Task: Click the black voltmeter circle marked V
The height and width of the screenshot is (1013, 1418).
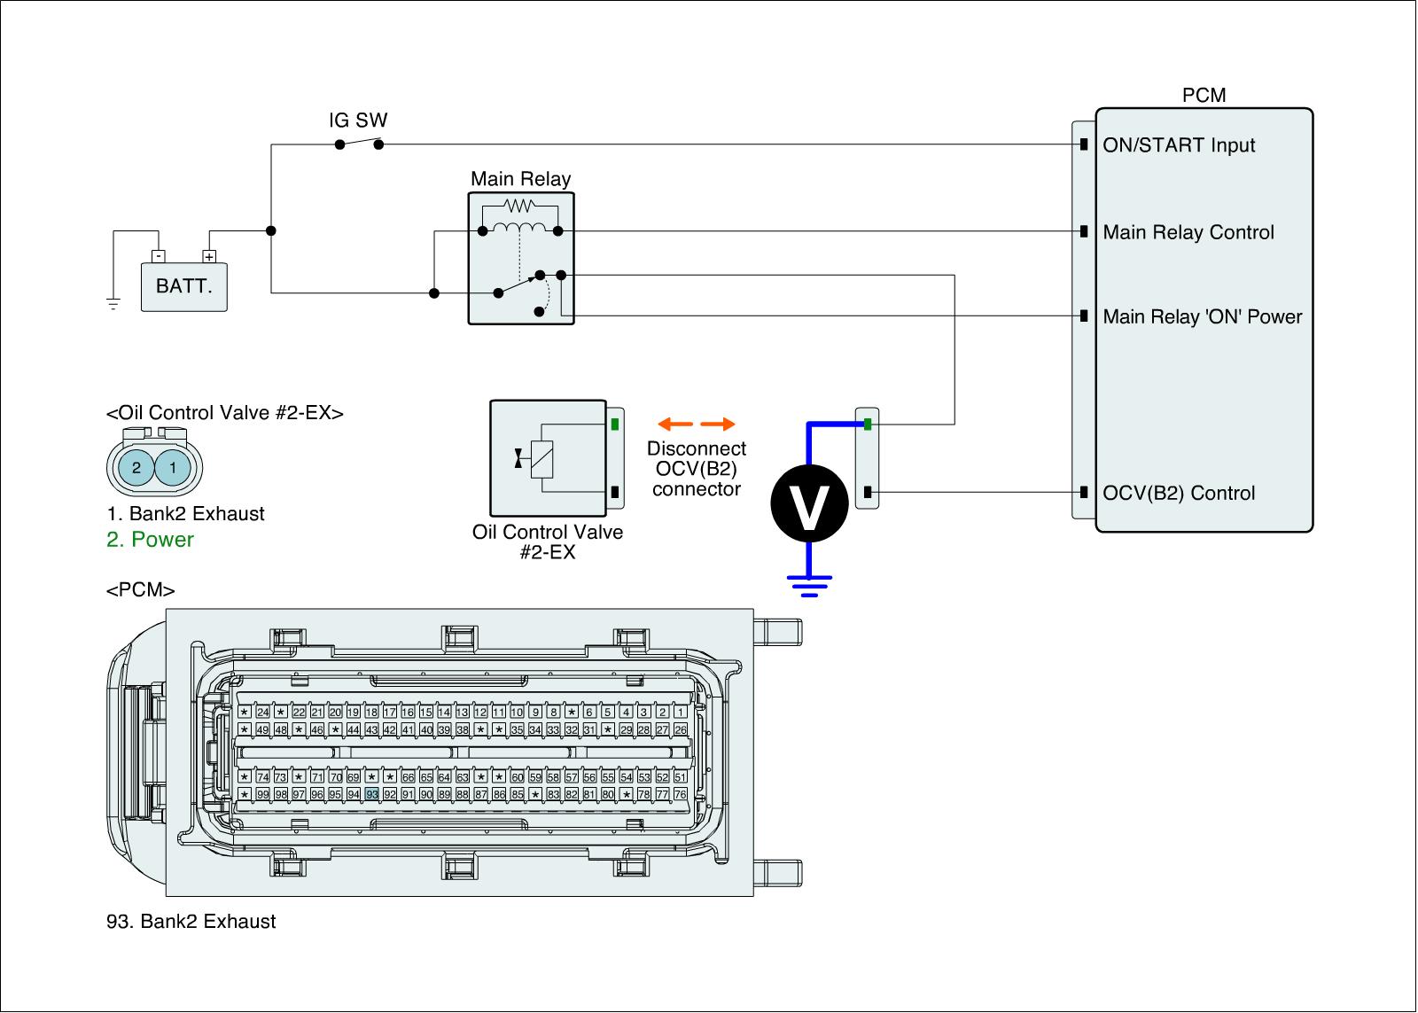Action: tap(808, 503)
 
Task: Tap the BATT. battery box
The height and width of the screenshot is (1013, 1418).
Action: tap(184, 286)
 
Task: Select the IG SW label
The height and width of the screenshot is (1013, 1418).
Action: tap(358, 121)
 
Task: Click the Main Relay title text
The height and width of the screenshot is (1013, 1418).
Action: tap(520, 179)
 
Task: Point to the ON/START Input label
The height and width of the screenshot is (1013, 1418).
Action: tap(1178, 145)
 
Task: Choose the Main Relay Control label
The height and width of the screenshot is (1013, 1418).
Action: tap(1188, 232)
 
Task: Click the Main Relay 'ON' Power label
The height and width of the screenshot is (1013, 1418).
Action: tap(1202, 316)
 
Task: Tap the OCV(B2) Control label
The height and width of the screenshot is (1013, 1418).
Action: tap(1178, 493)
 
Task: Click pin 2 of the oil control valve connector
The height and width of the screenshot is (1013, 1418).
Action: tap(136, 467)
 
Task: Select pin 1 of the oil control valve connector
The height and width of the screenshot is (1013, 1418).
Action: tap(173, 467)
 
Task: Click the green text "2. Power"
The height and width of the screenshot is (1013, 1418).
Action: tap(150, 540)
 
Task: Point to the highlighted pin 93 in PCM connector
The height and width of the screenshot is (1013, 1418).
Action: tap(371, 794)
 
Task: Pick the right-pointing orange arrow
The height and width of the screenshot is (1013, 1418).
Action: tap(718, 424)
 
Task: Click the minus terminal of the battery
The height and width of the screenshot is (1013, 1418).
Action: tap(157, 257)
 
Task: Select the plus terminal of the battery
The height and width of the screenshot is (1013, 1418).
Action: tap(209, 257)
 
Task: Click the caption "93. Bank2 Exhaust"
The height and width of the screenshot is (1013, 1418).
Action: tap(191, 922)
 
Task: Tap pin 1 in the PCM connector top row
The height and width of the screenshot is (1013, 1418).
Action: tap(680, 712)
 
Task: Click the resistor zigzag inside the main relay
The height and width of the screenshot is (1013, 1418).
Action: tap(519, 206)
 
